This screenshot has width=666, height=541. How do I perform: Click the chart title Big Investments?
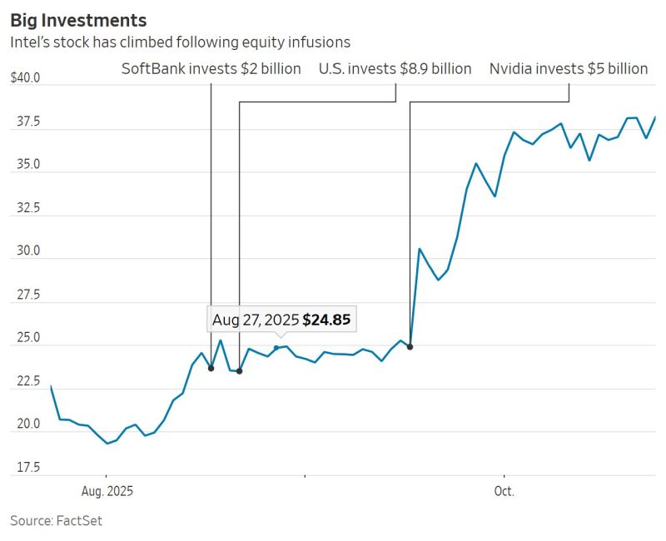tap(78, 20)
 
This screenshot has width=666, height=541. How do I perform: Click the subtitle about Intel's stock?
tap(180, 42)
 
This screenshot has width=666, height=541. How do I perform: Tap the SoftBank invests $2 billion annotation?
tap(211, 69)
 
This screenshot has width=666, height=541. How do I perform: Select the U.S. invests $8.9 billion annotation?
tap(395, 69)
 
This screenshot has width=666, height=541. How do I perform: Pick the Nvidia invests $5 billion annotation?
tap(569, 69)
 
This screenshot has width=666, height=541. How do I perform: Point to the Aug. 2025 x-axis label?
tap(107, 491)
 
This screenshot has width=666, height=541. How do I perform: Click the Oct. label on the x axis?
tap(504, 491)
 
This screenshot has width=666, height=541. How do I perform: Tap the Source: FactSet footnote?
tap(56, 521)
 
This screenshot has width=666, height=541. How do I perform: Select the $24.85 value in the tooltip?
tap(331, 320)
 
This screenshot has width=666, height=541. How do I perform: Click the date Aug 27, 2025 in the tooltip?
tap(255, 320)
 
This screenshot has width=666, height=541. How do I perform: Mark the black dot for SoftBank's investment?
tap(211, 368)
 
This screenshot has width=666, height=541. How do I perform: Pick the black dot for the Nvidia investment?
tap(410, 346)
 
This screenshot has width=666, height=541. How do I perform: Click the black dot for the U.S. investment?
tap(239, 371)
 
